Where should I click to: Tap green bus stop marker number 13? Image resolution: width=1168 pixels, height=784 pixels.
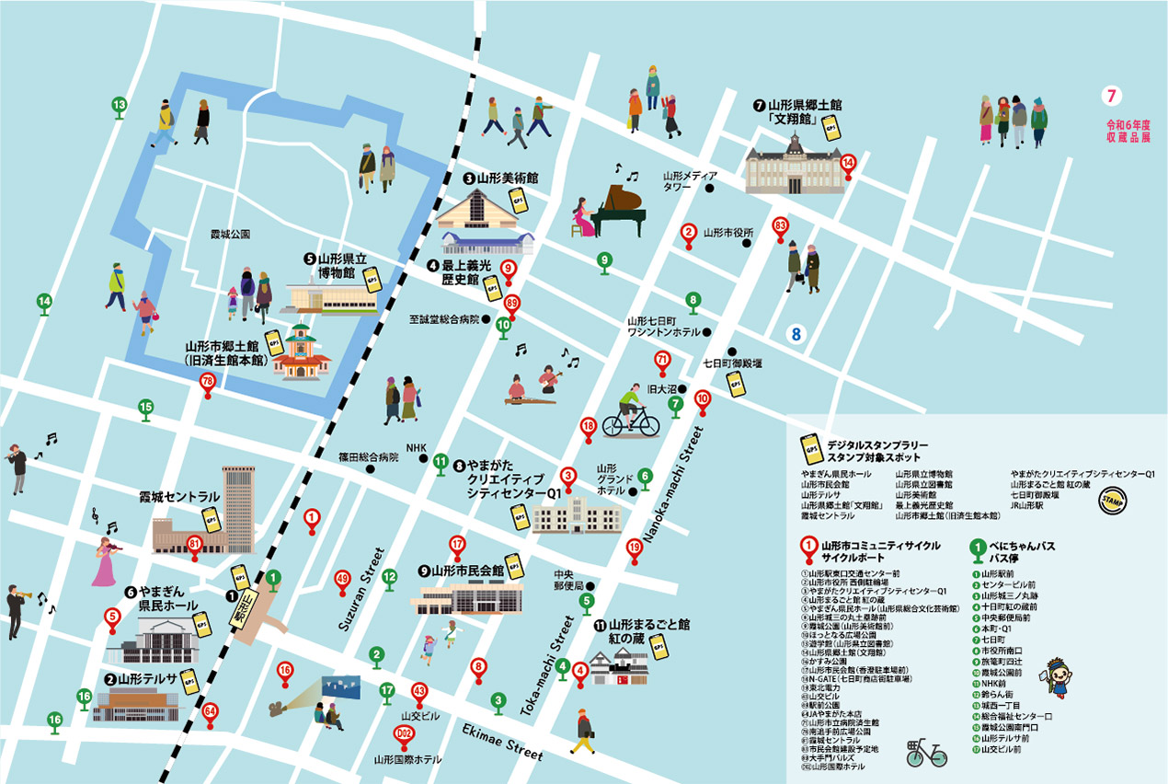pyautogui.click(x=119, y=106)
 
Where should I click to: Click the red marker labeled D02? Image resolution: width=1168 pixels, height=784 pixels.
pyautogui.click(x=402, y=734)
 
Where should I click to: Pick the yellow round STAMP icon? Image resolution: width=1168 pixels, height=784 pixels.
pyautogui.click(x=1113, y=502)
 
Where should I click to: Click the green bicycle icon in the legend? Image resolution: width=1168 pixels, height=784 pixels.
pyautogui.click(x=925, y=753)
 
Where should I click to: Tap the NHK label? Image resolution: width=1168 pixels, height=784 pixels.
pyautogui.click(x=418, y=447)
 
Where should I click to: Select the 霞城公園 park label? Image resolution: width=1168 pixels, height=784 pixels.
pyautogui.click(x=230, y=235)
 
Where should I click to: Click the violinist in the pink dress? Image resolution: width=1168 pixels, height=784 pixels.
pyautogui.click(x=104, y=558)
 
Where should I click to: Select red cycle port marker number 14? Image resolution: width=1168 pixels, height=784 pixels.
pyautogui.click(x=848, y=163)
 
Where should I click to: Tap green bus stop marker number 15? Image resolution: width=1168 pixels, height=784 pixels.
pyautogui.click(x=145, y=408)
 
